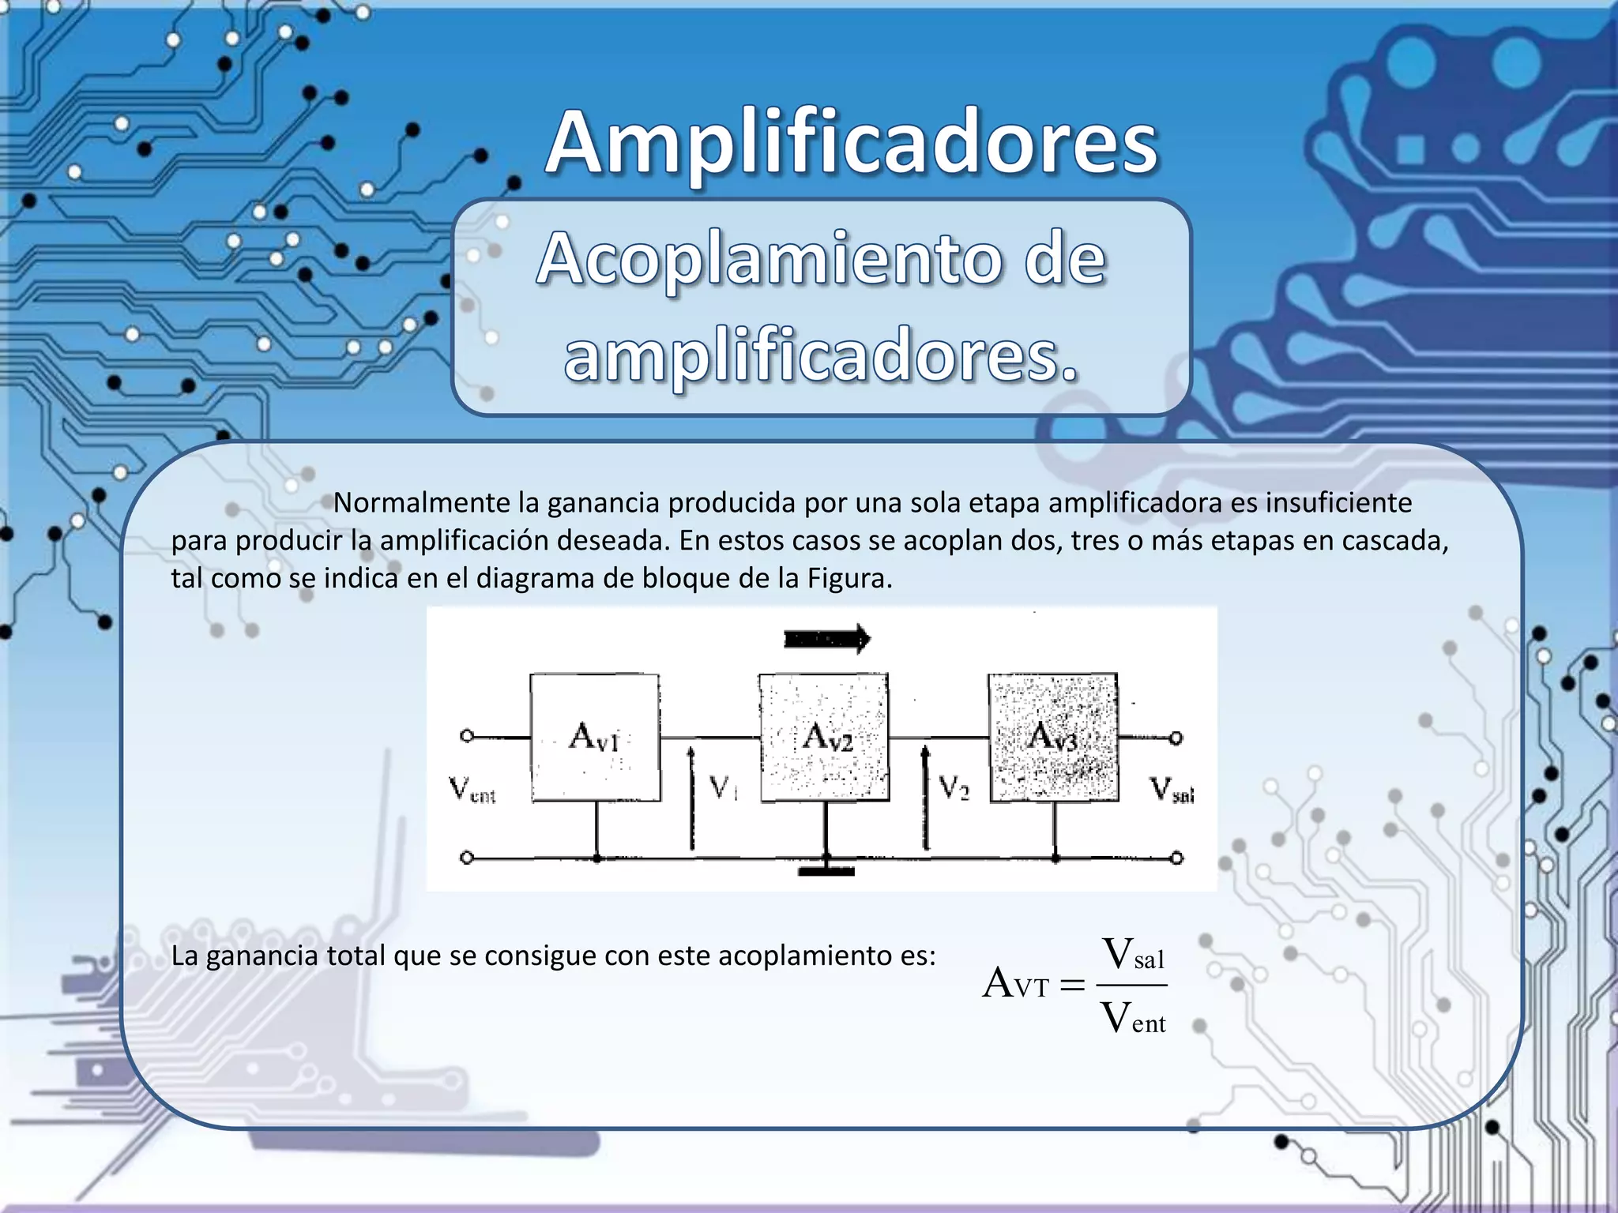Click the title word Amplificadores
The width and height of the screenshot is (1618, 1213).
point(852,145)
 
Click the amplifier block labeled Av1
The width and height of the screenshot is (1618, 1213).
point(595,738)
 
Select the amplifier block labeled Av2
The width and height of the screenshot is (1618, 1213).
point(824,738)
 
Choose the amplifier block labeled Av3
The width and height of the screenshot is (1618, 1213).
point(1053,738)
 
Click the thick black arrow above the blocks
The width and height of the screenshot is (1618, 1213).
point(826,639)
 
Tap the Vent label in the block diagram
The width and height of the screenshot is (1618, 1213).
point(472,789)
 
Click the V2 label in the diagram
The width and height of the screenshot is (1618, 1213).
point(954,787)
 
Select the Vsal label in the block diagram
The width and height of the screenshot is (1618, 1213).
point(1172,789)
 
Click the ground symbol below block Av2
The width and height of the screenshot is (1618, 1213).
point(826,870)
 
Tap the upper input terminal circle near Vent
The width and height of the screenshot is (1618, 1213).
point(467,736)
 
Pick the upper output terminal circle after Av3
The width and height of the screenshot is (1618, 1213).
point(1176,738)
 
